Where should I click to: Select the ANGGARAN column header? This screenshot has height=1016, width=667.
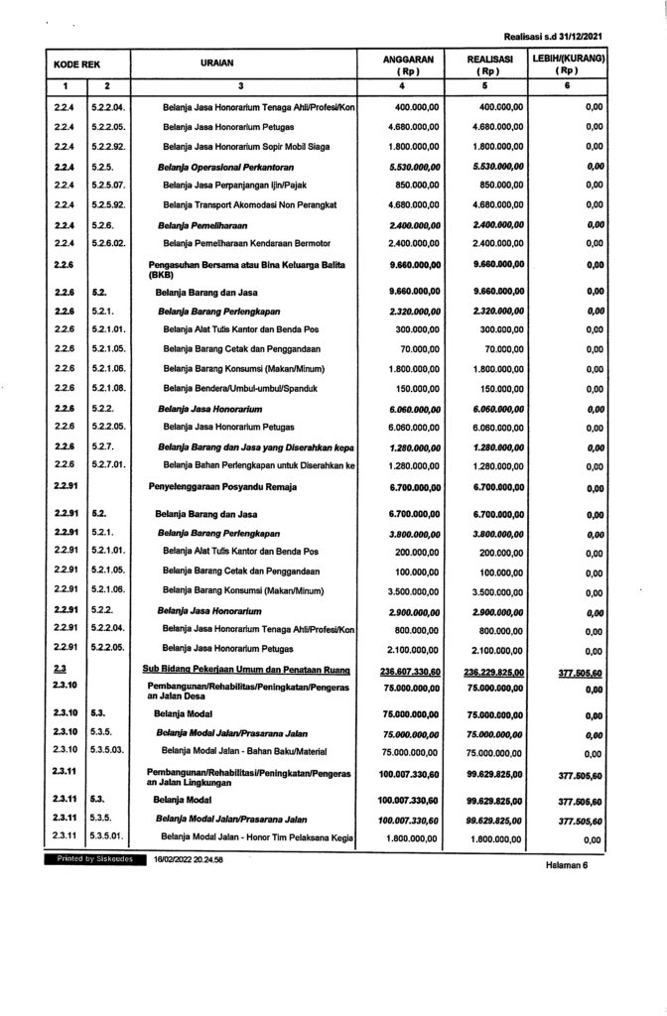[405, 65]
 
